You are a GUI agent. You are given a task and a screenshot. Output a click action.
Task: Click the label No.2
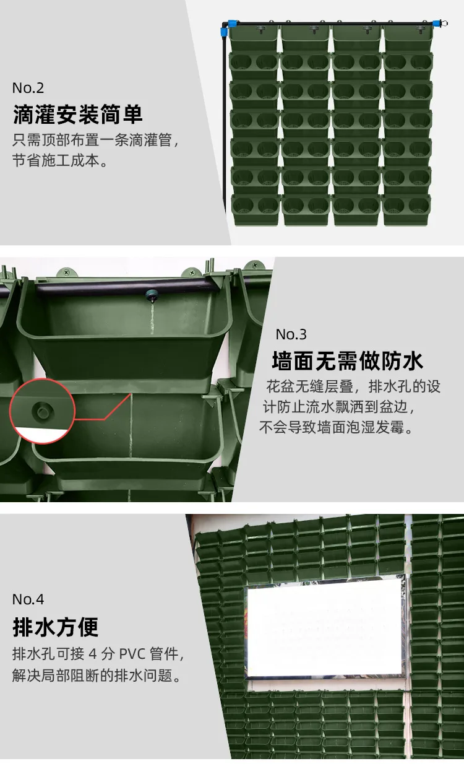pos(28,88)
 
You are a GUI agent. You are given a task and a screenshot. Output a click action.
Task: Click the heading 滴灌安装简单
pos(78,115)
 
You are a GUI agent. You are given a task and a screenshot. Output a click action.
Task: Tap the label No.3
pos(291,334)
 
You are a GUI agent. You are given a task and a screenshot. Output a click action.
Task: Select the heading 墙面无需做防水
pos(347,361)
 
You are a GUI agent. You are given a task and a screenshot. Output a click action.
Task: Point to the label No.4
pos(28,599)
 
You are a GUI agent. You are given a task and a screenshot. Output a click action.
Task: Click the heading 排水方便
pos(56,627)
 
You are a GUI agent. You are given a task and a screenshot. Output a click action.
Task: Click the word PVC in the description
pos(132,654)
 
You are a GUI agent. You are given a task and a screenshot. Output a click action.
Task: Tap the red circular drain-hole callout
pos(43,411)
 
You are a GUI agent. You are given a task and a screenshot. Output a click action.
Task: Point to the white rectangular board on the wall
pos(325,627)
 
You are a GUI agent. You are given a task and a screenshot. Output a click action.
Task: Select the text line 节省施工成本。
pos(61,160)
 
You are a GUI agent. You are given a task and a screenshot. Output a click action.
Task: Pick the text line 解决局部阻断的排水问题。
pos(97,675)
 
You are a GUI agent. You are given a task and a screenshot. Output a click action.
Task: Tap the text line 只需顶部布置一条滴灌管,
pos(96,140)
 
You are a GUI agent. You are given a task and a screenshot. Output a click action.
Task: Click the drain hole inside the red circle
pos(43,411)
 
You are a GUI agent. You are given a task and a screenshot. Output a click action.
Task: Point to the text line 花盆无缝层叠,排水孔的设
pos(353,386)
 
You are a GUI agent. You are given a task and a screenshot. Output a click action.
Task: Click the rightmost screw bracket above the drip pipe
pos(255,266)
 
